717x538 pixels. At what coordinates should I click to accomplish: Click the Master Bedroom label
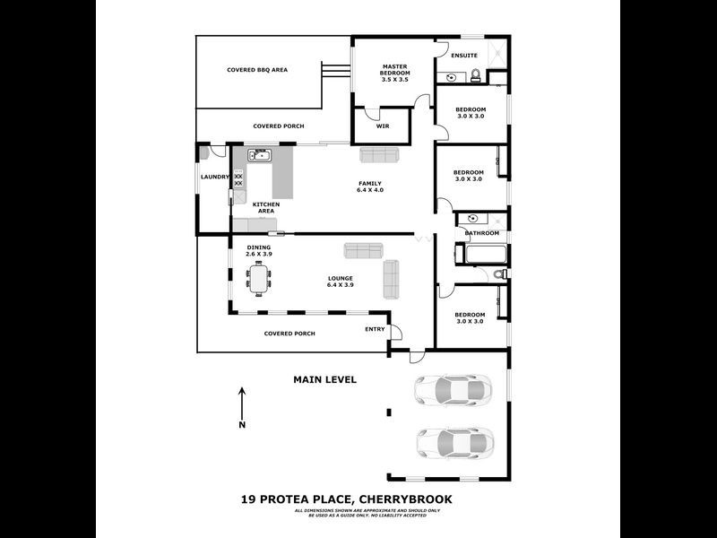395,73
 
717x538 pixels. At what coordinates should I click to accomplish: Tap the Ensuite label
463,56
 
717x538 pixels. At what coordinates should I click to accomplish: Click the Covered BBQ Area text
256,69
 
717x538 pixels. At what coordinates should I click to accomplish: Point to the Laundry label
215,177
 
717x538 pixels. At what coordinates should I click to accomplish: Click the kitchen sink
260,157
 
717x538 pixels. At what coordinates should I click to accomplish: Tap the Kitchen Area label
266,207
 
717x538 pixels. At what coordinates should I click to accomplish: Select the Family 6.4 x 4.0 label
370,187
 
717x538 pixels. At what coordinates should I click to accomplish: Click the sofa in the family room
381,155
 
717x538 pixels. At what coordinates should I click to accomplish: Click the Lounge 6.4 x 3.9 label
340,282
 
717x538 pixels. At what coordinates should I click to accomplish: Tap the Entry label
376,329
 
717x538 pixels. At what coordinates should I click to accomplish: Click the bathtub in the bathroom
483,255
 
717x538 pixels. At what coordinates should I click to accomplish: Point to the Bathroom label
481,233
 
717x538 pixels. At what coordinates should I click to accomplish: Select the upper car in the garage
453,389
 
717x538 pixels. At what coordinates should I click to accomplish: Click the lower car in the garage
454,442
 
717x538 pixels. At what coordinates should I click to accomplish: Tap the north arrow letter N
242,425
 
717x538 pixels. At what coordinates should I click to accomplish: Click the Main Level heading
324,379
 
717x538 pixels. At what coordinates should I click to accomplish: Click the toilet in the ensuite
478,75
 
